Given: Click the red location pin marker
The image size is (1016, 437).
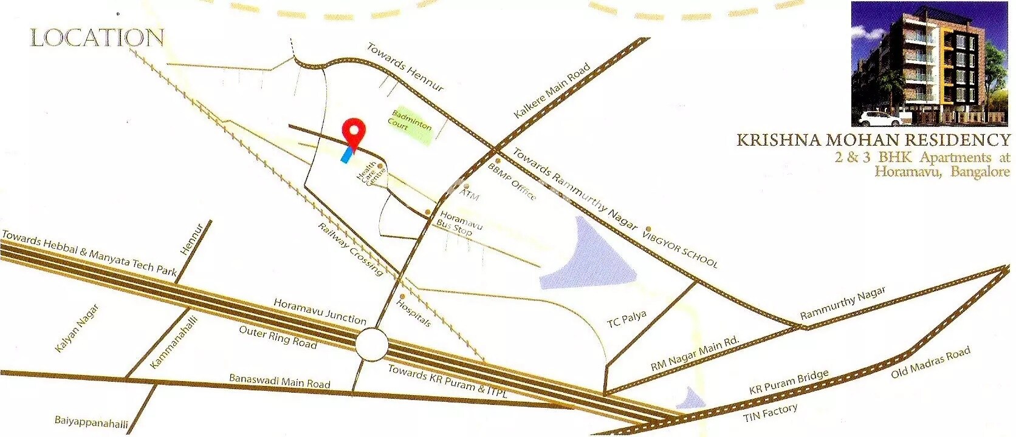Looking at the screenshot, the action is pyautogui.click(x=354, y=132).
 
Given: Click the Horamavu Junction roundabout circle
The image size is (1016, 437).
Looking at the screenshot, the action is pyautogui.click(x=371, y=345).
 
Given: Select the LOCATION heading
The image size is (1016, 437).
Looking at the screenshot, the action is pyautogui.click(x=97, y=38).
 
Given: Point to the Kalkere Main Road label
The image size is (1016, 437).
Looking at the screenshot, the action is pyautogui.click(x=552, y=91).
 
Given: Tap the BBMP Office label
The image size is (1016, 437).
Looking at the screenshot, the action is pyautogui.click(x=512, y=181).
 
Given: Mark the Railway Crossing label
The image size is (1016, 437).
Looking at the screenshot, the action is pyautogui.click(x=351, y=249).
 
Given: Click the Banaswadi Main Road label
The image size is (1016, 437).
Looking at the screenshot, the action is pyautogui.click(x=280, y=381).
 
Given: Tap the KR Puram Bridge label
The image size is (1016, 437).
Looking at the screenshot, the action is pyautogui.click(x=789, y=382).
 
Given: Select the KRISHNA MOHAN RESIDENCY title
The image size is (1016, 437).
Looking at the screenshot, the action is pyautogui.click(x=873, y=140).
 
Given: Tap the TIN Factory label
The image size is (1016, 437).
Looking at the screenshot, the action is pyautogui.click(x=770, y=414).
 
